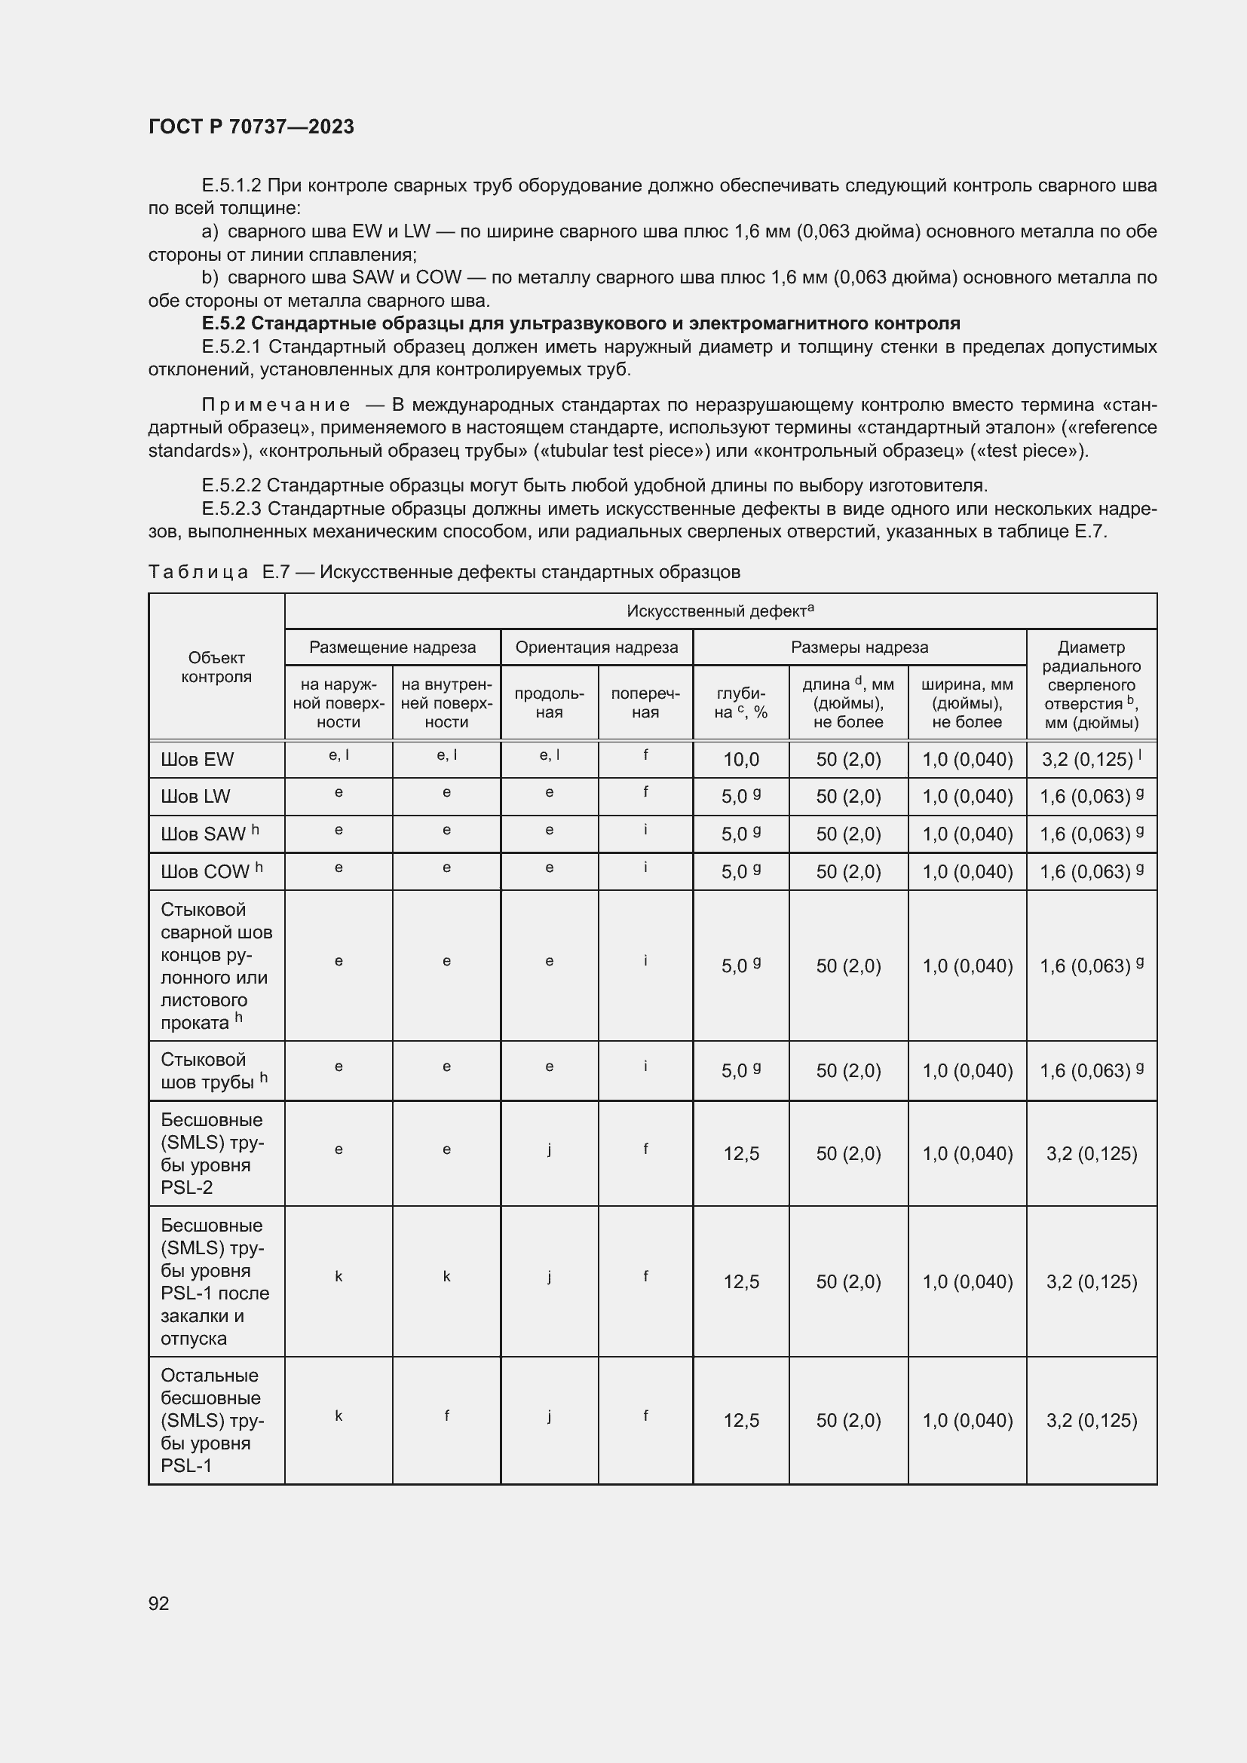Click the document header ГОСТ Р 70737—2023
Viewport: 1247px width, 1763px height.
[x=251, y=127]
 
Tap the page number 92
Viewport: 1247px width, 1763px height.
[x=158, y=1602]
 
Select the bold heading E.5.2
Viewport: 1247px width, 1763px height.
[x=581, y=323]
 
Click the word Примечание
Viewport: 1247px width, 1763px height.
[x=276, y=405]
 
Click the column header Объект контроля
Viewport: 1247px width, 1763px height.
[x=216, y=666]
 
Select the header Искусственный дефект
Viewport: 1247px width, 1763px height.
[x=719, y=611]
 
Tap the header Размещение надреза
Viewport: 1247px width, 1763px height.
[x=392, y=647]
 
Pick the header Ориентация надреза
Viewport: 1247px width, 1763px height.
[x=596, y=647]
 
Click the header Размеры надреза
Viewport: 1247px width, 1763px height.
[x=859, y=647]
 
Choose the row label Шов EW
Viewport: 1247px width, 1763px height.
[x=197, y=760]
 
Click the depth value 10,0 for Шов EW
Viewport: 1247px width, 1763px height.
[x=740, y=760]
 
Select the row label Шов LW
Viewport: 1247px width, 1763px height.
[x=195, y=796]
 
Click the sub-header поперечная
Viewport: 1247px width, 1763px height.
[x=645, y=702]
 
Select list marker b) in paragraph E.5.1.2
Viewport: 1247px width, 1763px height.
[x=210, y=277]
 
